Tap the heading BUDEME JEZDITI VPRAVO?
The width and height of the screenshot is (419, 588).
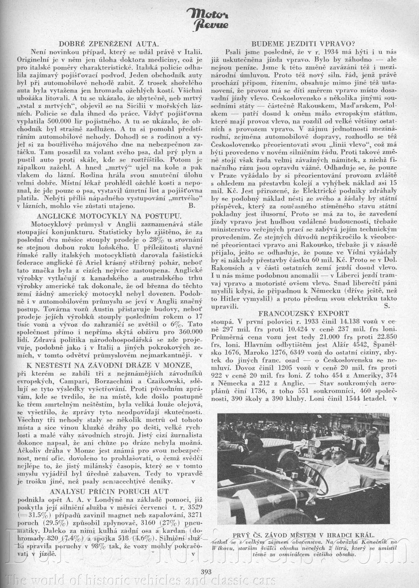[x=303, y=44]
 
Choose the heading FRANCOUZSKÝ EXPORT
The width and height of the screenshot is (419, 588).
[x=303, y=313]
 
